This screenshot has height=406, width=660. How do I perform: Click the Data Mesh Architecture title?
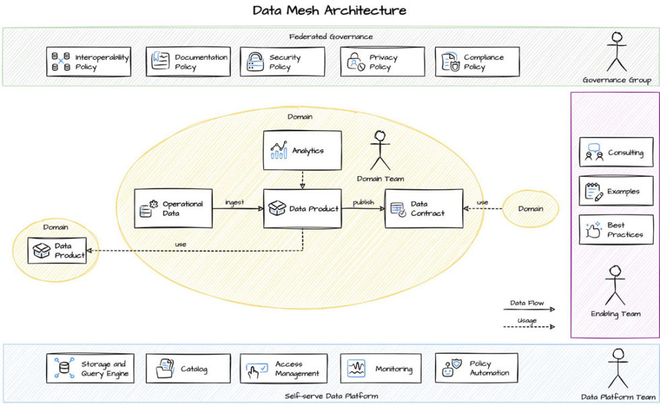[329, 11]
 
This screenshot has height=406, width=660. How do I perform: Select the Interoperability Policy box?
[89, 62]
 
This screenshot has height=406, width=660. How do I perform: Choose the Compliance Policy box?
[477, 62]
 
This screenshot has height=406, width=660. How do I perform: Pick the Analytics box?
[302, 150]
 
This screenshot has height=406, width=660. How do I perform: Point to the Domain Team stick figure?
[380, 150]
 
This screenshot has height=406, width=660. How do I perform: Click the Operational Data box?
[173, 209]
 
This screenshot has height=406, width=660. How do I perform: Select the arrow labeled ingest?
[238, 209]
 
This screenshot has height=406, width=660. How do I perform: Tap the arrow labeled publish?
[363, 209]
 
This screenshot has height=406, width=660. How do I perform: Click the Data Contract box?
[424, 209]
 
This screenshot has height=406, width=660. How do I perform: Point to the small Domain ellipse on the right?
[530, 209]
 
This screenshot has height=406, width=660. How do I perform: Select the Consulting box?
[616, 153]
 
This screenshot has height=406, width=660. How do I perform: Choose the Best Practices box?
[616, 230]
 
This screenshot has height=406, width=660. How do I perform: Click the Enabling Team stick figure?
[614, 285]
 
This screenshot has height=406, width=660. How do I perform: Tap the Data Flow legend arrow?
[529, 310]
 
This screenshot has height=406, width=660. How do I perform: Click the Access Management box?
[284, 369]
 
